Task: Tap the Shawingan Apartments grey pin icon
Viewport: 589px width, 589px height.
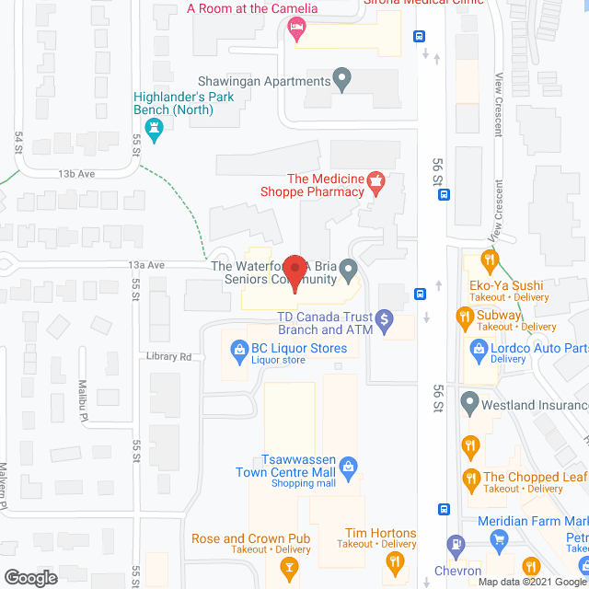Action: pos(342,81)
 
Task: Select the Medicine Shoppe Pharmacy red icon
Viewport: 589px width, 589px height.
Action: pos(375,179)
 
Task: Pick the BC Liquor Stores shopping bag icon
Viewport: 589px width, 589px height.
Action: pos(238,349)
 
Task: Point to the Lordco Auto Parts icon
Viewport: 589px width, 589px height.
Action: pos(479,349)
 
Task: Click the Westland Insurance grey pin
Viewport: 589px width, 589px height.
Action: pos(469,402)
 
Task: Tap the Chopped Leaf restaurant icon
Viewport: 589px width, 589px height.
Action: pos(471,478)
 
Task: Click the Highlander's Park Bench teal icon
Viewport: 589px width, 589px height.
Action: pos(156,131)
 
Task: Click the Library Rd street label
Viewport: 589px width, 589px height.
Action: pos(167,356)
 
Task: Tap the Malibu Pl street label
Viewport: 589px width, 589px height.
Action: pos(83,410)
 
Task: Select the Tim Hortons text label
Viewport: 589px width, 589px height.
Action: pos(380,533)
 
